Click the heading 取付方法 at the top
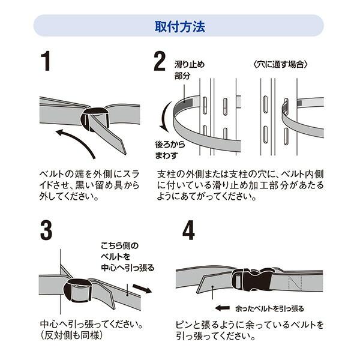[179, 26]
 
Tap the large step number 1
[45, 62]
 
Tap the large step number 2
[160, 62]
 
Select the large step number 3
[45, 230]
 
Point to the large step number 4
[188, 230]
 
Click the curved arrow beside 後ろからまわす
[161, 120]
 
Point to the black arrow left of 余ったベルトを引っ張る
[222, 308]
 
